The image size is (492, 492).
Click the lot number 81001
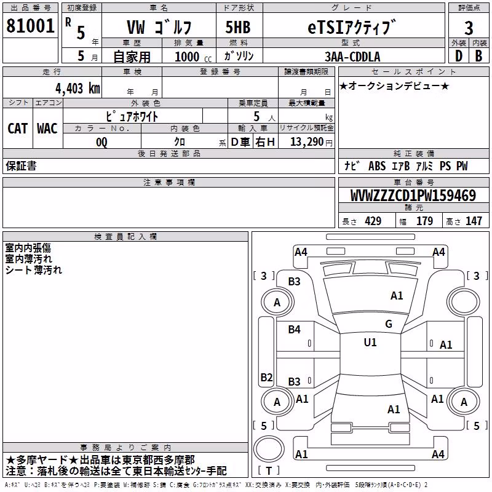tap(30, 26)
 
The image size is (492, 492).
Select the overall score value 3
tap(469, 28)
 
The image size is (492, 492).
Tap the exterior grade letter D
tap(459, 56)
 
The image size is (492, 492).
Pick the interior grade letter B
tap(478, 56)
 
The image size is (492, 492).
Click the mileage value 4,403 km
tap(78, 89)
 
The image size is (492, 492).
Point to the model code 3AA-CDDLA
tap(352, 57)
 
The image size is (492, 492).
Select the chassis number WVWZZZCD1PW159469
tap(413, 196)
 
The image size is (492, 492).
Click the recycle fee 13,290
tap(307, 142)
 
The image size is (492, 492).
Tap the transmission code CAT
tap(18, 129)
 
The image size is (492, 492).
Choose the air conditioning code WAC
tap(47, 129)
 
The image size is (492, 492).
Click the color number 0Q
tap(101, 142)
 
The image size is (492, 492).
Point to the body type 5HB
tap(238, 27)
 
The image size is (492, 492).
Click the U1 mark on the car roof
tap(370, 342)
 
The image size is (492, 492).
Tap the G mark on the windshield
tap(389, 323)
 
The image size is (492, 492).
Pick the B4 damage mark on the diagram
tap(295, 329)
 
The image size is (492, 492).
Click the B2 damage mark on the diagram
tap(266, 377)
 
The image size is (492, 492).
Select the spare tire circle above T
tap(269, 450)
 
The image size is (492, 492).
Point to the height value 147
tap(474, 221)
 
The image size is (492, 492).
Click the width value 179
tap(424, 221)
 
